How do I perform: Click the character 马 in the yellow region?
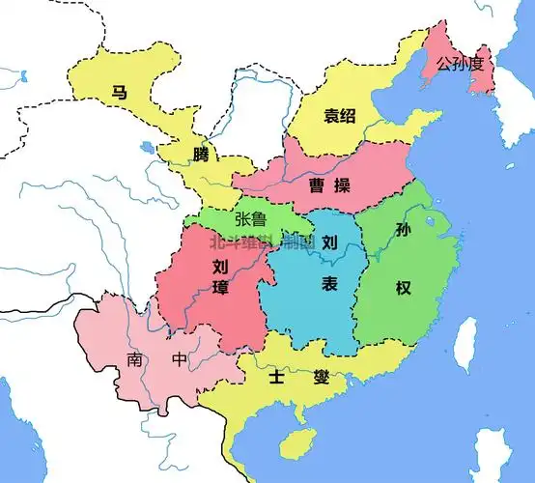(120, 93)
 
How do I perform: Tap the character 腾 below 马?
(200, 155)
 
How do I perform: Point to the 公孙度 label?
(465, 65)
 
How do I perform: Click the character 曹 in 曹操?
(316, 185)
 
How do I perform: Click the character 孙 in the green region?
(403, 231)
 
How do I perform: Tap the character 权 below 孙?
(403, 287)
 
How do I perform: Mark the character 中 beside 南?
(180, 360)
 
